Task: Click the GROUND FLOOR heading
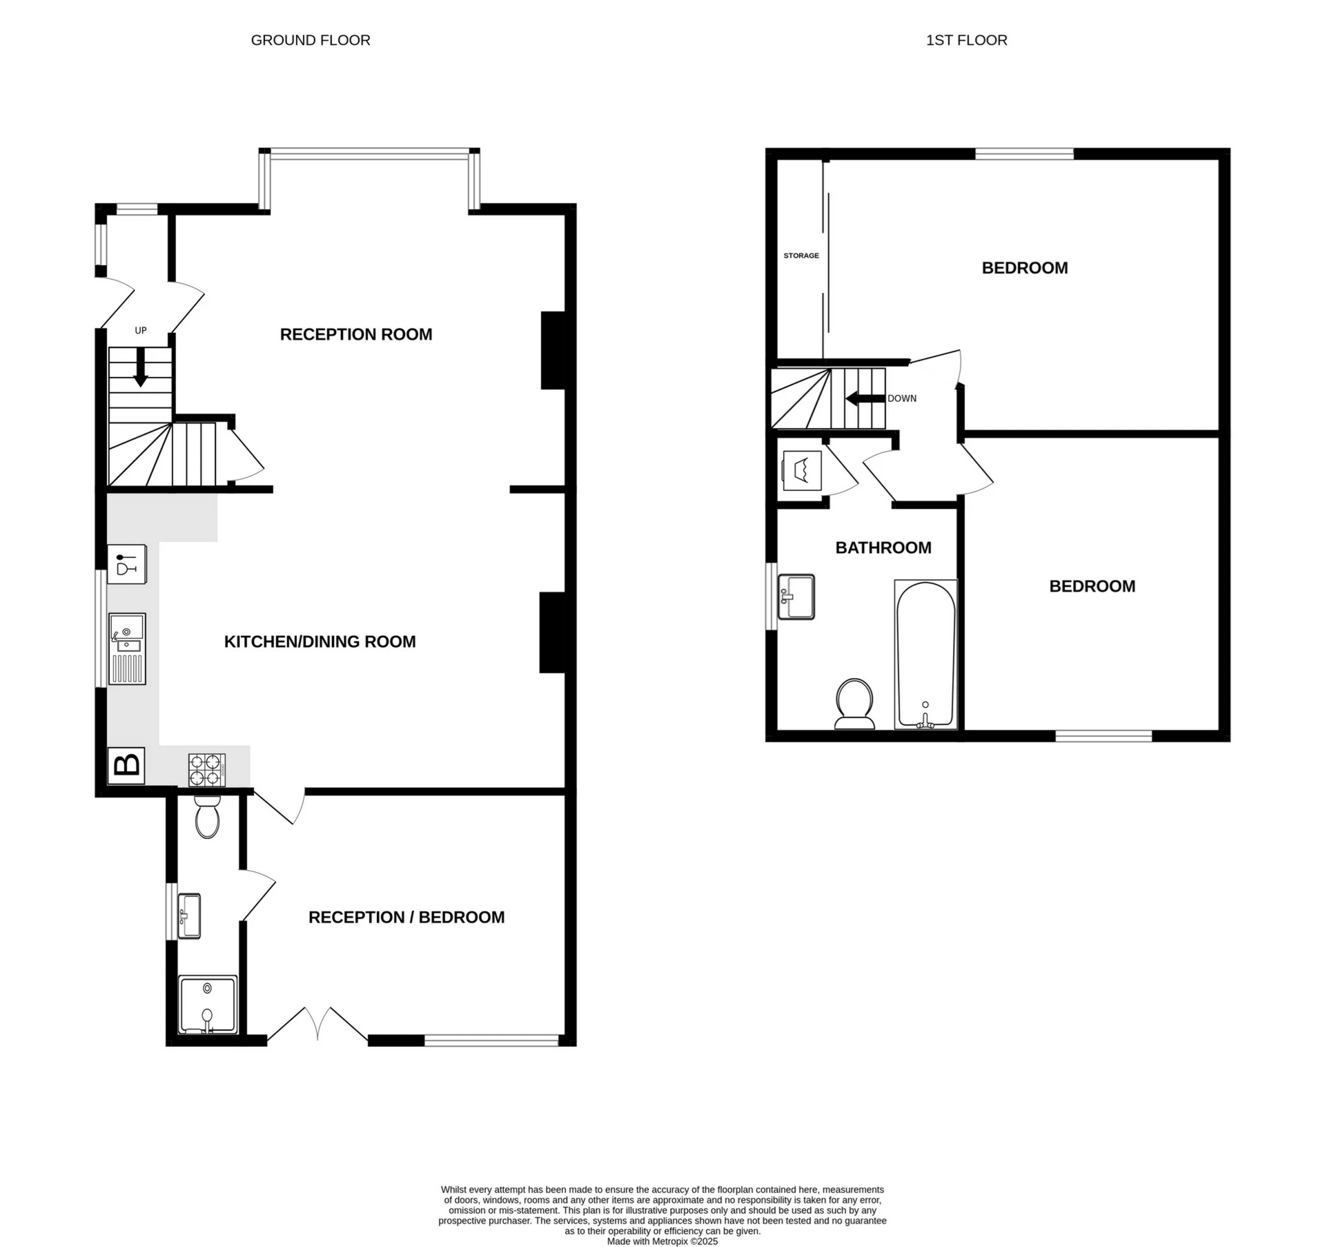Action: pyautogui.click(x=311, y=41)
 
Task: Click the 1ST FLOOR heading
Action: pyautogui.click(x=966, y=41)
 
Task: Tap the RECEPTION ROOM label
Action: pyautogui.click(x=356, y=334)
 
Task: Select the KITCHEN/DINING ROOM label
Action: pyautogui.click(x=320, y=641)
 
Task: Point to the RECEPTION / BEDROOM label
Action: pyautogui.click(x=406, y=917)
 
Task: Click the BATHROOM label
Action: pyautogui.click(x=883, y=548)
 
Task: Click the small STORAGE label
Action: pyautogui.click(x=801, y=255)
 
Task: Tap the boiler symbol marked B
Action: pyautogui.click(x=127, y=765)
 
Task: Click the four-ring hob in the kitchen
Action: pyautogui.click(x=207, y=770)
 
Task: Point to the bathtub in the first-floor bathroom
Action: pyautogui.click(x=925, y=654)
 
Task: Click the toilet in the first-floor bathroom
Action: pyautogui.click(x=854, y=703)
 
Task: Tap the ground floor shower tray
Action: pyautogui.click(x=208, y=1004)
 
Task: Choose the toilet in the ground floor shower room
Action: pyautogui.click(x=208, y=818)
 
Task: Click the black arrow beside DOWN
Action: pyautogui.click(x=864, y=398)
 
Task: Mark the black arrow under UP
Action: pyautogui.click(x=140, y=368)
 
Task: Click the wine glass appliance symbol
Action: pyautogui.click(x=127, y=564)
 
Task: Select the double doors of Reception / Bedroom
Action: pyautogui.click(x=317, y=1025)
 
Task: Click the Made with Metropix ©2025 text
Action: pyautogui.click(x=662, y=1241)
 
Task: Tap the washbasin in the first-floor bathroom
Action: pyautogui.click(x=796, y=597)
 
